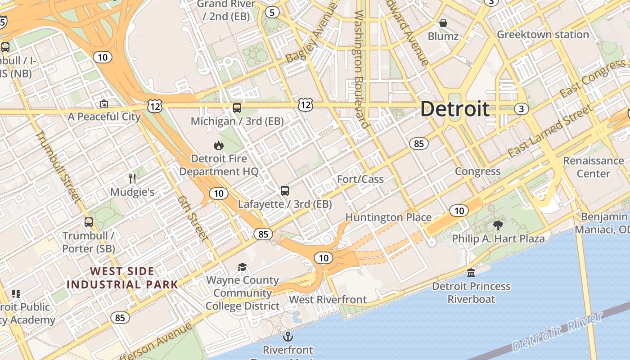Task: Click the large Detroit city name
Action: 455,109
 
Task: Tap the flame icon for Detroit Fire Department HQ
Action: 219,145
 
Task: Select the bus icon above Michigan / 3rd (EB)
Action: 237,108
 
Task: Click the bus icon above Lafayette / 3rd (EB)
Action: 285,191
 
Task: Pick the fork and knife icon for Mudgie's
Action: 132,179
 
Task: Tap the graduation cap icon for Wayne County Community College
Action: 242,267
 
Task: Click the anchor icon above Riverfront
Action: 288,337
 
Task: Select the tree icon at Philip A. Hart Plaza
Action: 498,225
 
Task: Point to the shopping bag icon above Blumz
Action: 443,22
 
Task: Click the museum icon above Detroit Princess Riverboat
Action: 471,273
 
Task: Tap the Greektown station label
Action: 543,35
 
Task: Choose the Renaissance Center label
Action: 593,167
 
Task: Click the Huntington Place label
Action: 388,218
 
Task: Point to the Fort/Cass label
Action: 360,179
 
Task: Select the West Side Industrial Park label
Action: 122,278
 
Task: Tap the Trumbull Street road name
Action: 58,166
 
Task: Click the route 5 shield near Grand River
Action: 271,12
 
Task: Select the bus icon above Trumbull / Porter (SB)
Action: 89,222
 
